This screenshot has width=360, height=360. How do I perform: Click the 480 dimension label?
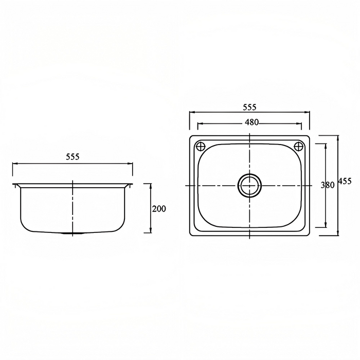251,122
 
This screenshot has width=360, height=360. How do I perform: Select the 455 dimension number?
345,182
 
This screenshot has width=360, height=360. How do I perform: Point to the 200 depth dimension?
159,209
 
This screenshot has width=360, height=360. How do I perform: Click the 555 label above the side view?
73,157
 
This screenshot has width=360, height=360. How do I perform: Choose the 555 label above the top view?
249,107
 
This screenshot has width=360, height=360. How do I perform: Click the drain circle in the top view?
249,185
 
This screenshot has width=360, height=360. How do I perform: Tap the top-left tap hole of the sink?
201,146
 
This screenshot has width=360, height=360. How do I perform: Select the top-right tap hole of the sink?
298,146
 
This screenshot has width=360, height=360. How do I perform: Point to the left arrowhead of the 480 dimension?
200,124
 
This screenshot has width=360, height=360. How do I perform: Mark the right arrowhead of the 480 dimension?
300,124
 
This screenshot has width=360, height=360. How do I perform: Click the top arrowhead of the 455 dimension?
337,137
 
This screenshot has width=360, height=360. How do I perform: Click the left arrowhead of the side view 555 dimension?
14,164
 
